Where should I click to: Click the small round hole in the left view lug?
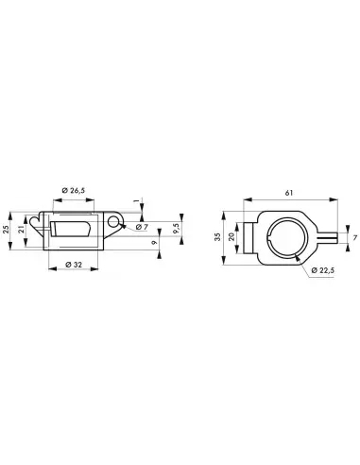117,224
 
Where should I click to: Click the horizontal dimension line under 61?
284,199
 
